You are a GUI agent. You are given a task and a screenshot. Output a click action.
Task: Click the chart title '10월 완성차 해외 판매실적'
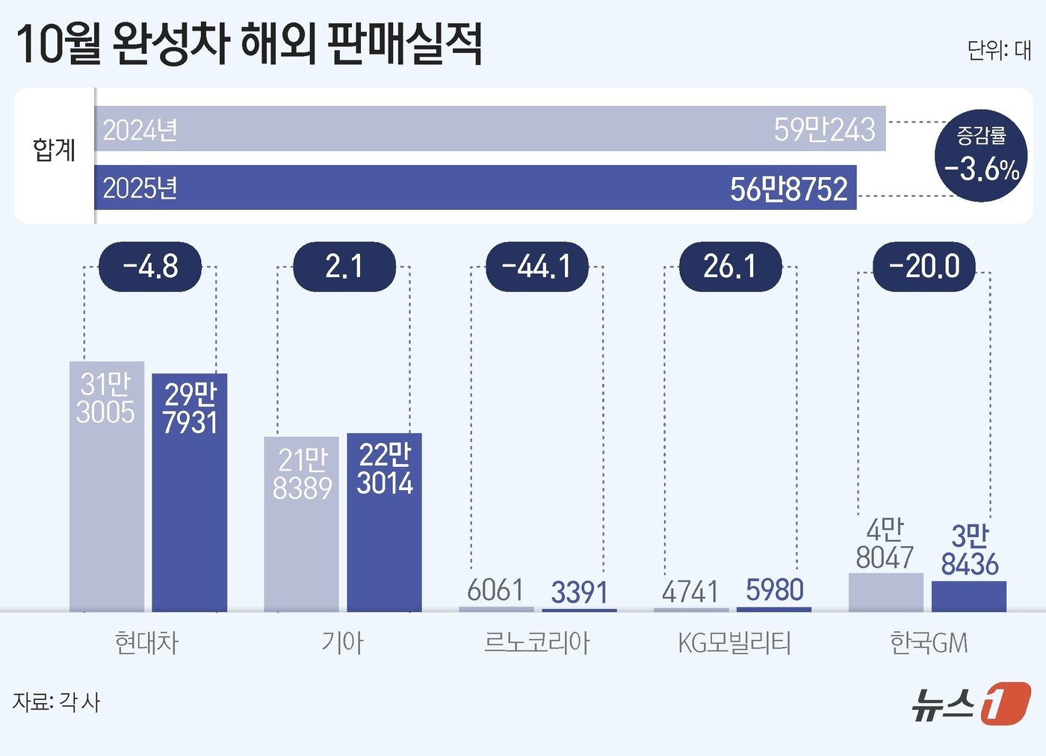click(249, 44)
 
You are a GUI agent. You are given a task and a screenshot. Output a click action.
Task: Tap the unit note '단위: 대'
click(999, 50)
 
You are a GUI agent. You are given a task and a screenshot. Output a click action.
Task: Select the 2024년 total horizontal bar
click(489, 128)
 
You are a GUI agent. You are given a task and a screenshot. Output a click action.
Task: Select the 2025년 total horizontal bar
click(475, 188)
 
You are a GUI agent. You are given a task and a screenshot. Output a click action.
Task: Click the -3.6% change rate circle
click(981, 155)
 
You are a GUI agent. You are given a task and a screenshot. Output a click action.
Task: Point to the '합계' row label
click(55, 150)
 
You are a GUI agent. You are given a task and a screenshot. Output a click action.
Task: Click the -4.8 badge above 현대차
click(150, 267)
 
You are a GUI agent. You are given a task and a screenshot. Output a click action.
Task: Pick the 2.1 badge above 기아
click(344, 267)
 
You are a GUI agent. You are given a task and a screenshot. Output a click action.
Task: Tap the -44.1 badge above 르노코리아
click(536, 267)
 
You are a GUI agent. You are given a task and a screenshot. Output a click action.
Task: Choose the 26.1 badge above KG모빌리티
click(730, 267)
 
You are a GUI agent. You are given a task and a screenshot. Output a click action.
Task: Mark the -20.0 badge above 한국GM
click(924, 267)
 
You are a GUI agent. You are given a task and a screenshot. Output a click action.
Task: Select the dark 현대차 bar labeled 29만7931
click(190, 493)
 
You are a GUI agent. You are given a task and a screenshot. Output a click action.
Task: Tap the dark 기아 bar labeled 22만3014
click(384, 523)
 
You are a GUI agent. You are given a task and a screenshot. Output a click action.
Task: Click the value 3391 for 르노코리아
click(579, 592)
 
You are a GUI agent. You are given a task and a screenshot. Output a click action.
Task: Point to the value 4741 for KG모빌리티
click(690, 592)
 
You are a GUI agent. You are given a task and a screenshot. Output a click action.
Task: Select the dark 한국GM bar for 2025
click(968, 596)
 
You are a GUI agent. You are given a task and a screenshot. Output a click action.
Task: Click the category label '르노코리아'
click(536, 642)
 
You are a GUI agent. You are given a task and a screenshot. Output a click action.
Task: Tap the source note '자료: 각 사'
click(57, 702)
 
